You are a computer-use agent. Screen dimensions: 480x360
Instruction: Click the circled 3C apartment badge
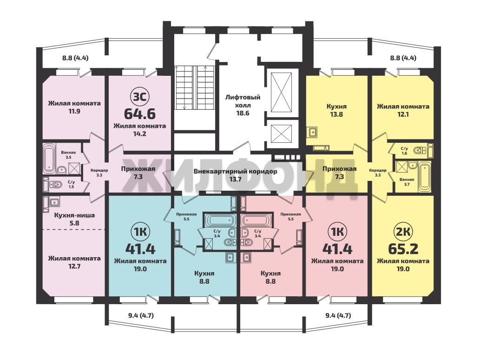(x=139, y=97)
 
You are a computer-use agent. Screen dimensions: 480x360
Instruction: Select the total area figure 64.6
(x=139, y=113)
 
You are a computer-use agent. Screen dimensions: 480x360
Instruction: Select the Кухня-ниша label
(x=74, y=215)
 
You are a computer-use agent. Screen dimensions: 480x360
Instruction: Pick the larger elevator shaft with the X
(x=282, y=93)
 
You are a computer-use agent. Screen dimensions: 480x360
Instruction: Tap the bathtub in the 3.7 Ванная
(x=425, y=176)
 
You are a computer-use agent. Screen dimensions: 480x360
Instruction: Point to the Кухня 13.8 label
(x=336, y=110)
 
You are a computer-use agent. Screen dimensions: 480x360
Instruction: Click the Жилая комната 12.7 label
(x=74, y=262)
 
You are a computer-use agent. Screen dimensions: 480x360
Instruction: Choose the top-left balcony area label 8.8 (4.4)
(x=75, y=58)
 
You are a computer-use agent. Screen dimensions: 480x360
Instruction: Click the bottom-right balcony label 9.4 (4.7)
(x=338, y=315)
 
